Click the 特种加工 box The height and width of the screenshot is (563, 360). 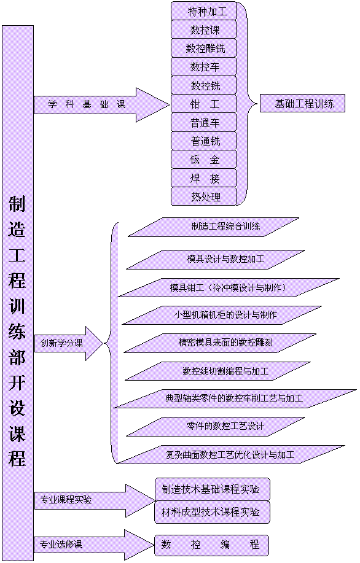[x=204, y=11]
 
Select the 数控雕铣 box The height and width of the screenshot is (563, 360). [x=204, y=48]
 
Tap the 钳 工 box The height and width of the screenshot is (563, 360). [x=204, y=104]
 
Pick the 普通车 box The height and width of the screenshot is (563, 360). [x=204, y=122]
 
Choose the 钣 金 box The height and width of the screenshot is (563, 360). [x=204, y=160]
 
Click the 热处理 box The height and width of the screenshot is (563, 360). [x=204, y=196]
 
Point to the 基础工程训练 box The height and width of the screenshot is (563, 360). [x=302, y=103]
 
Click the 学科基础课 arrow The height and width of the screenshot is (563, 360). [x=101, y=105]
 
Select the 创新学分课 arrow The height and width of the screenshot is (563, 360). [x=69, y=343]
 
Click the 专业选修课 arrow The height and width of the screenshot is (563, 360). [x=95, y=545]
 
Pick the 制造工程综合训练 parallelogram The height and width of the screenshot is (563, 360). [x=213, y=227]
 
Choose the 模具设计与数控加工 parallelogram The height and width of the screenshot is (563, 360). [x=216, y=260]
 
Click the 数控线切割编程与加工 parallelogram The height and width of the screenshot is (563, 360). [x=217, y=371]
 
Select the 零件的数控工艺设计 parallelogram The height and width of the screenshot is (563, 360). [x=216, y=427]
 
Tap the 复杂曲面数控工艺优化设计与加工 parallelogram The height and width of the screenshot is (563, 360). [x=231, y=455]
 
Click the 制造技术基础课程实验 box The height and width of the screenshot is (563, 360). [x=213, y=489]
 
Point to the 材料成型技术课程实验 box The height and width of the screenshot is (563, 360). [x=213, y=512]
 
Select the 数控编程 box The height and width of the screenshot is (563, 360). [x=211, y=545]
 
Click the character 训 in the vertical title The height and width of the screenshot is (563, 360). [x=17, y=306]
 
